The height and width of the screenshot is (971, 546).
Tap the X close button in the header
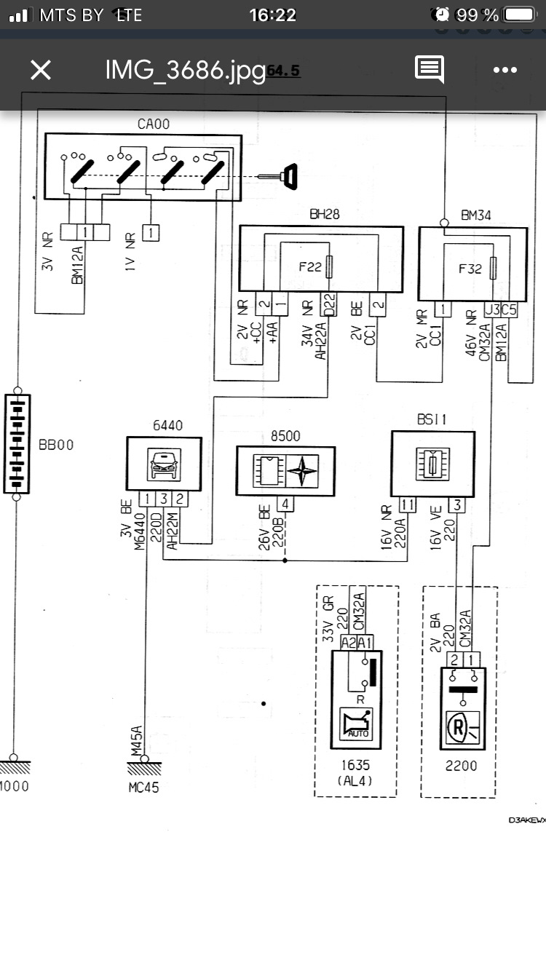point(41,70)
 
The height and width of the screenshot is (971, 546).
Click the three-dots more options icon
point(505,70)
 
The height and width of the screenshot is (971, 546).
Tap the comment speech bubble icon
point(430,69)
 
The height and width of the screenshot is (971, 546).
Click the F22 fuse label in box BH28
point(310,267)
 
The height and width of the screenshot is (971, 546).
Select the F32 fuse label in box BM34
point(470,268)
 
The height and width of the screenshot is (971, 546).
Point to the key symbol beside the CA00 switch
point(288,176)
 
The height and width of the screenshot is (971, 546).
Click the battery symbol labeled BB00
point(17,444)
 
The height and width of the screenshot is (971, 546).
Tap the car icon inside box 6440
point(164,464)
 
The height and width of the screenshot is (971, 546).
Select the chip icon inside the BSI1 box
point(432,464)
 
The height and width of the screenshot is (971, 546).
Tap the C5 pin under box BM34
point(509,309)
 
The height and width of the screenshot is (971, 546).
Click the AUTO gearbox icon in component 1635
point(356,724)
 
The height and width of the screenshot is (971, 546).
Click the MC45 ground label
point(143,787)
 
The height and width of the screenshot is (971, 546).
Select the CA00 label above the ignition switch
point(153,124)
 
